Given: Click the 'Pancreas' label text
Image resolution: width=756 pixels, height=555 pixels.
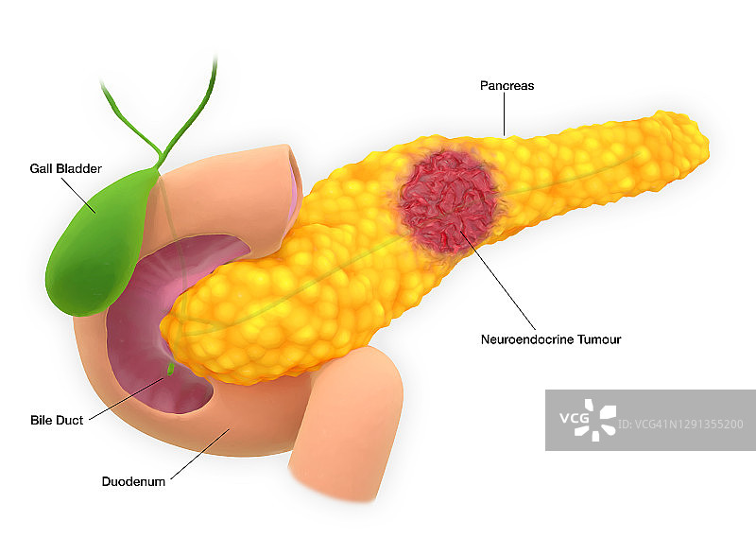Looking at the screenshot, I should [507, 86].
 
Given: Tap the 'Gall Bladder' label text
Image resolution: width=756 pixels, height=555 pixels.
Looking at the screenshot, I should [65, 169].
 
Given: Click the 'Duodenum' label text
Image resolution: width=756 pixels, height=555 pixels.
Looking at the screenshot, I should [133, 481].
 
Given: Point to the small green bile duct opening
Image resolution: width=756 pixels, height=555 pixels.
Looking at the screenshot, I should [170, 369].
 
